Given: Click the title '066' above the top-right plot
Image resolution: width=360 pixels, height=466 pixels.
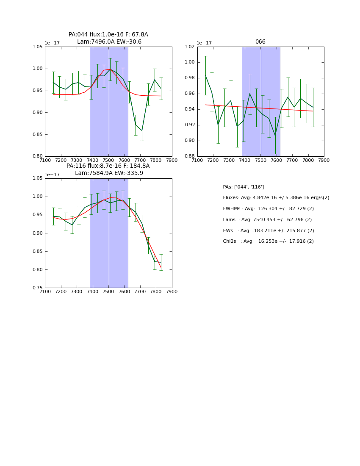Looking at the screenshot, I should (260, 42).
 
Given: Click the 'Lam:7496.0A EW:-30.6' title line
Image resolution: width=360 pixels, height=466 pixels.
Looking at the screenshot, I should (109, 42).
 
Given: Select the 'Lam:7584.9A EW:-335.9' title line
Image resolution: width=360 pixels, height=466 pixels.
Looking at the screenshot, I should (109, 173).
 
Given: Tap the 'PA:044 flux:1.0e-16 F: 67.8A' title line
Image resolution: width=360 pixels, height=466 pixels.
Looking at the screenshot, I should (108, 34).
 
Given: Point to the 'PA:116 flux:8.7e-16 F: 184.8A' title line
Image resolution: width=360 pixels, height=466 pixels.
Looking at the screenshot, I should (108, 166).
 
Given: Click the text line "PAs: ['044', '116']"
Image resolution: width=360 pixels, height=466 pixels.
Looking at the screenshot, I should (243, 187).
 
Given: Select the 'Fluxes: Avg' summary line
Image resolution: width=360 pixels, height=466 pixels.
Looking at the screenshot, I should (276, 198).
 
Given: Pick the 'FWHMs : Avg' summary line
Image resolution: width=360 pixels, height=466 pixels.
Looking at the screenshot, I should (268, 209).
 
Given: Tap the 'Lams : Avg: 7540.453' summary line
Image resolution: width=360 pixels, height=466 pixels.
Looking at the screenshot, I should (267, 220).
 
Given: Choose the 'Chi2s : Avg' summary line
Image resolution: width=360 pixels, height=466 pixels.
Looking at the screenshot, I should (268, 241).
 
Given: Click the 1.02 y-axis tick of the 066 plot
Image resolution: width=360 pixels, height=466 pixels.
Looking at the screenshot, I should (189, 47).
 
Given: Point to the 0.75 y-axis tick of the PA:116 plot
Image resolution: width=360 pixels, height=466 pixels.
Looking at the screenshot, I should (37, 288).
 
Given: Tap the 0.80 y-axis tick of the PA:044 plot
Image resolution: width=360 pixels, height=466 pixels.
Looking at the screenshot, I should (37, 156).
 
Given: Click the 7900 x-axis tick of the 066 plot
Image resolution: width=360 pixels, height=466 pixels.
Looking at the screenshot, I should (324, 161).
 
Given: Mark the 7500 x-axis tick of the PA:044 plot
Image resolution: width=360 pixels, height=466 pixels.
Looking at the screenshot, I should (108, 161).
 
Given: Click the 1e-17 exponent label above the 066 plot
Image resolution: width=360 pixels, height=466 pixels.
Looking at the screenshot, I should (204, 43).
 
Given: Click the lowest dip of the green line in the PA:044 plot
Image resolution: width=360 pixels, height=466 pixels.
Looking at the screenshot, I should (142, 130).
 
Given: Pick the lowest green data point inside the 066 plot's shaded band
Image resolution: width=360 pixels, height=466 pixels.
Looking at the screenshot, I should (275, 136).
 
